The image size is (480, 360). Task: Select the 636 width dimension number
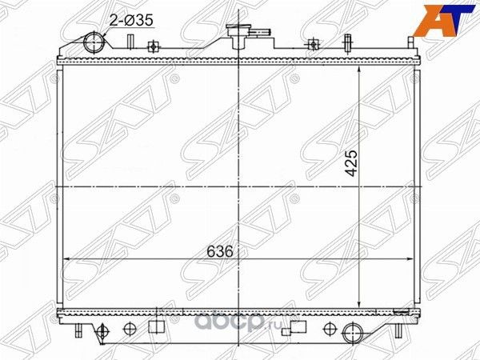[222, 250]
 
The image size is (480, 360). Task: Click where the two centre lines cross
[241, 186]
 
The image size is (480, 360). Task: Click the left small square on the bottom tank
[154, 326]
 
